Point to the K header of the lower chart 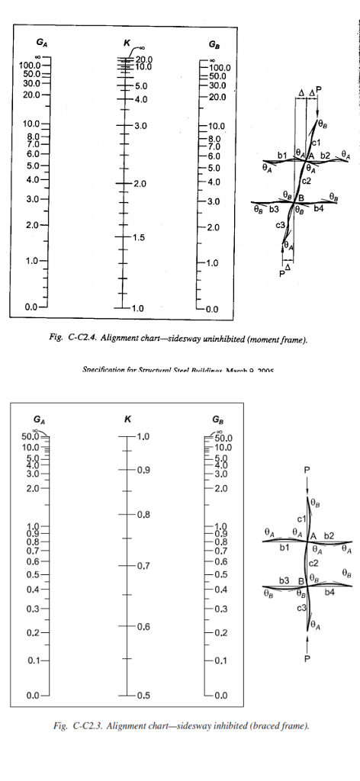127,419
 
